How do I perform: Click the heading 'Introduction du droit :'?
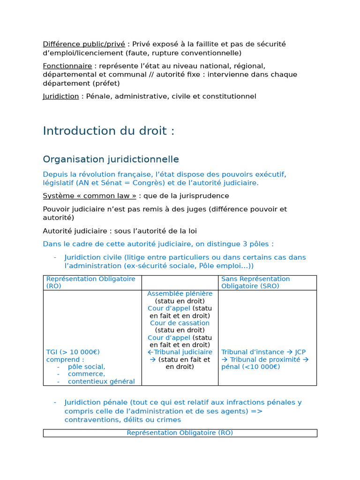pyautogui.click(x=108, y=131)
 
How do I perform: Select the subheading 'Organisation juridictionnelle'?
pyautogui.click(x=111, y=159)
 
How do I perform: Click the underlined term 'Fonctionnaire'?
pyautogui.click(x=67, y=66)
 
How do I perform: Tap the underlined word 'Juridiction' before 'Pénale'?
pyautogui.click(x=61, y=96)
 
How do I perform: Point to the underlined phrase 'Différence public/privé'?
pyautogui.click(x=84, y=44)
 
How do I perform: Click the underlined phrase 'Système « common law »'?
pyautogui.click(x=90, y=195)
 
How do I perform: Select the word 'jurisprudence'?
pyautogui.click(x=202, y=195)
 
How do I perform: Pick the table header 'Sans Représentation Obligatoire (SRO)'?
pyautogui.click(x=255, y=282)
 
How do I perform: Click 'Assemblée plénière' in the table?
pyautogui.click(x=180, y=293)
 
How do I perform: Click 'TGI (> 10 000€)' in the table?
pyautogui.click(x=73, y=352)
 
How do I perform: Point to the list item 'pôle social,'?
pyautogui.click(x=86, y=367)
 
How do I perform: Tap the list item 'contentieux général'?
pyautogui.click(x=101, y=382)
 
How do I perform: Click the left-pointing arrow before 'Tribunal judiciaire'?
pyautogui.click(x=150, y=352)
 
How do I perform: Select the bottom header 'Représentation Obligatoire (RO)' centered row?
pyautogui.click(x=180, y=433)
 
